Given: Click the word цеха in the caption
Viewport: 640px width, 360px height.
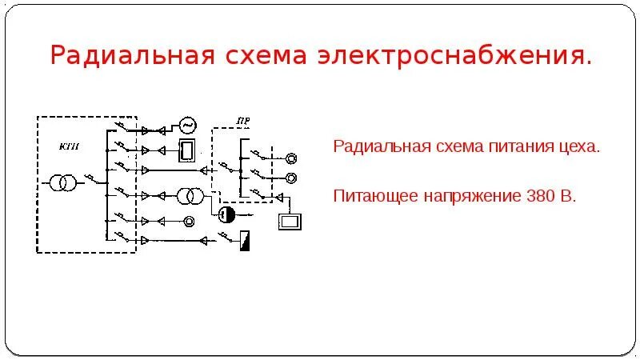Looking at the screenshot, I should click(x=579, y=148).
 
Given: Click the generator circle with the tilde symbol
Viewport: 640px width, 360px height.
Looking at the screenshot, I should click(x=188, y=126).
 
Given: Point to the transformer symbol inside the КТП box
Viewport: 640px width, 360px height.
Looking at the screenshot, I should click(x=64, y=183).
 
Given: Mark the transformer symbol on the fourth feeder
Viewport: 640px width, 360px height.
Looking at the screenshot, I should click(x=189, y=197).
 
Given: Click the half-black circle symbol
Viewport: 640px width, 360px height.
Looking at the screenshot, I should click(x=226, y=214).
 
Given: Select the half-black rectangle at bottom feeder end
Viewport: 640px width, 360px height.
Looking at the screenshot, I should click(x=245, y=239).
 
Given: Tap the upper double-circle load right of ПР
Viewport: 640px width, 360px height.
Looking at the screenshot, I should click(x=291, y=158).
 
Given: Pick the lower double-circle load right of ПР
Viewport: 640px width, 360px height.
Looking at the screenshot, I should click(x=291, y=176).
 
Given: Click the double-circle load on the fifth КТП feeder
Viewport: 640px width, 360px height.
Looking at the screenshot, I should click(x=189, y=220).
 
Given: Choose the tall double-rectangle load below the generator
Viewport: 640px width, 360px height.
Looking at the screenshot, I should click(x=188, y=150).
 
